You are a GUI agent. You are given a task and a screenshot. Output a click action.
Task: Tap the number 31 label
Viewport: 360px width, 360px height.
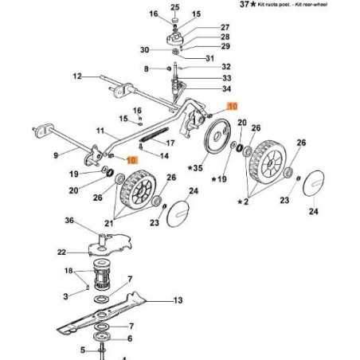[x=209, y=58]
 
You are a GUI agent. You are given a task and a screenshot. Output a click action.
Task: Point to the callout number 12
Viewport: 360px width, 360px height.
[x=78, y=76]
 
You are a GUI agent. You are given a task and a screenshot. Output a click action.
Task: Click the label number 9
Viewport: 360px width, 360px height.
[x=55, y=155]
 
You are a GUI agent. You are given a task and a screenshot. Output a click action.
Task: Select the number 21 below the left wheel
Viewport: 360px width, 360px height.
[x=122, y=225]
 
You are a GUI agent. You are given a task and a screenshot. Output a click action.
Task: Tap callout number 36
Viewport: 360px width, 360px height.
[x=69, y=221]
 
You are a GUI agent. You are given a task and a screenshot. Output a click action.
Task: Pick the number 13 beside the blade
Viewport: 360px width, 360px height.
[x=178, y=300]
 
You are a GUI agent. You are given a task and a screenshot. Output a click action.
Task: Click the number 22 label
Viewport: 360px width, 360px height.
[x=61, y=252]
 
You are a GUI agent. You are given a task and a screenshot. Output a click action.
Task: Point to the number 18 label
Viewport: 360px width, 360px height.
[x=68, y=271]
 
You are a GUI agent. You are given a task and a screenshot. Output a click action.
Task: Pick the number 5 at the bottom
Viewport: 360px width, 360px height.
[x=82, y=349]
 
